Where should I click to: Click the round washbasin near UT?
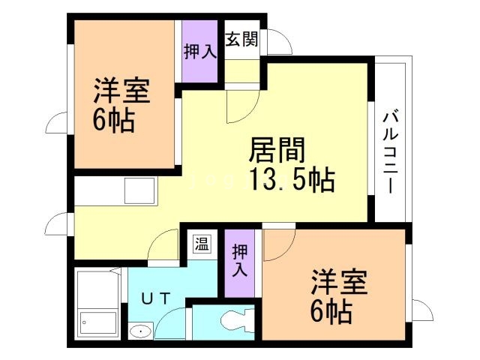(139, 330)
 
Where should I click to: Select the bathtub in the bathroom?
(98, 304)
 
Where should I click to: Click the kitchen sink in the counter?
(139, 190)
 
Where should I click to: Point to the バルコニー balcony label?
(390, 153)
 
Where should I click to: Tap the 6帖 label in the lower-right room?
(331, 310)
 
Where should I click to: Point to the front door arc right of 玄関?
(279, 42)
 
